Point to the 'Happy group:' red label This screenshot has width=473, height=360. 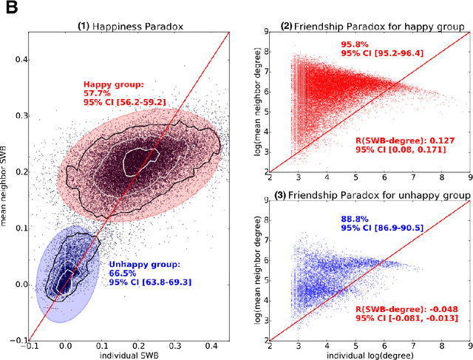[113, 84]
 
